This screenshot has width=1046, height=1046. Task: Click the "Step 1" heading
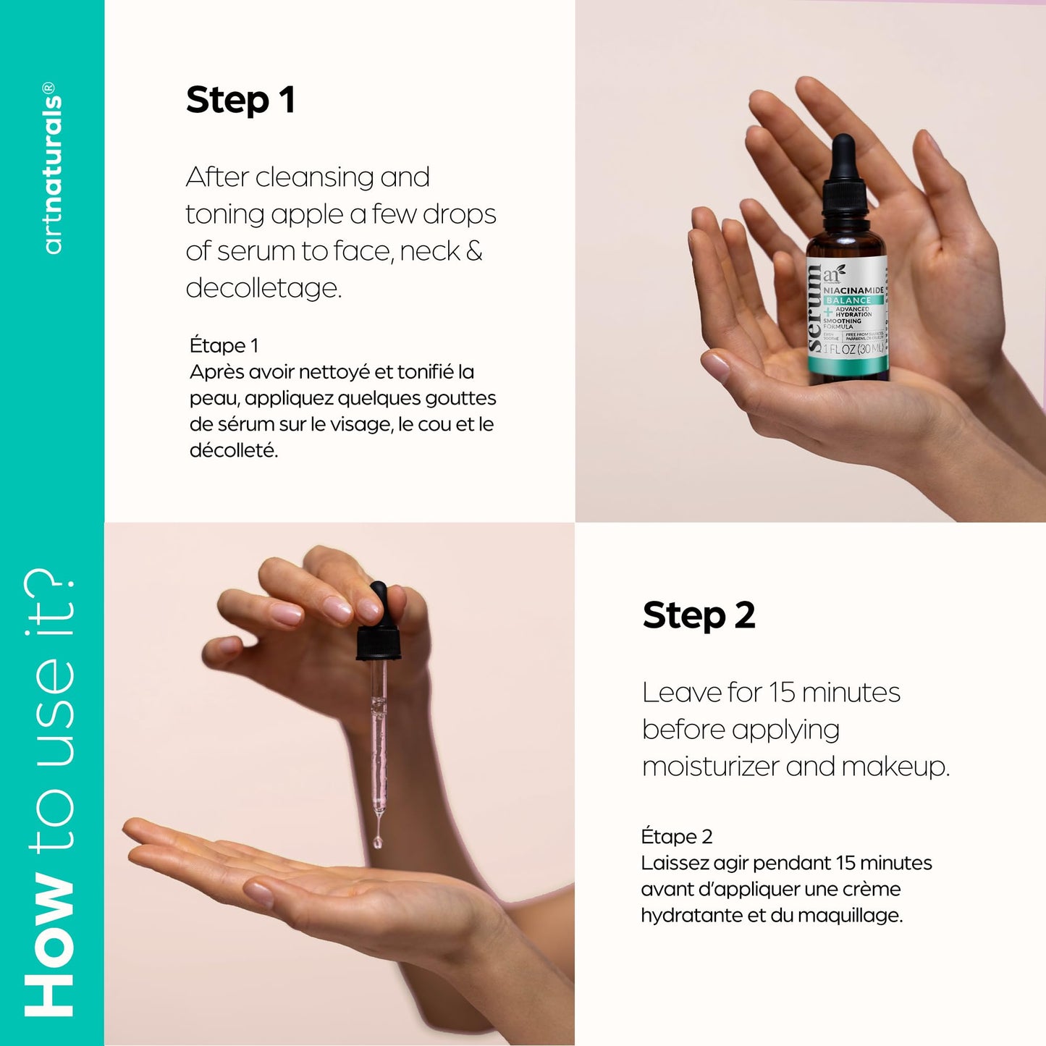240,100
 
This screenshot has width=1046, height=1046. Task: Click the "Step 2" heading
699,616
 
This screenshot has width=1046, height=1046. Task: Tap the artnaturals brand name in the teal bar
52,168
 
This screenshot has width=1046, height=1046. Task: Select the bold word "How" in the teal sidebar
50,945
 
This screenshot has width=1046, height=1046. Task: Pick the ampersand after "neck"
474,251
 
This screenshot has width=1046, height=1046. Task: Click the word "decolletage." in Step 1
263,288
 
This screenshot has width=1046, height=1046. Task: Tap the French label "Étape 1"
224,345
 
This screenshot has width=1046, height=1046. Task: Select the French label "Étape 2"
676,837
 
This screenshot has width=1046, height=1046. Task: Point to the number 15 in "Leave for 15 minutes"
782,693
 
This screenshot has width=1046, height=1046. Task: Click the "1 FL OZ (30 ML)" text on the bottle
853,349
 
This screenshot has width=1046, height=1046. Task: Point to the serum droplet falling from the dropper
377,841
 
